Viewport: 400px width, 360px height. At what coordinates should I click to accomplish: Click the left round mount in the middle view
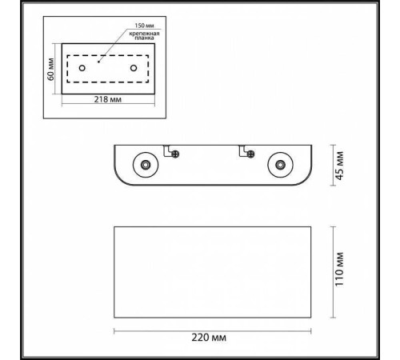[x=145, y=165]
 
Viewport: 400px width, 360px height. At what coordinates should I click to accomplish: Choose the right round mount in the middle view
[x=280, y=165]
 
